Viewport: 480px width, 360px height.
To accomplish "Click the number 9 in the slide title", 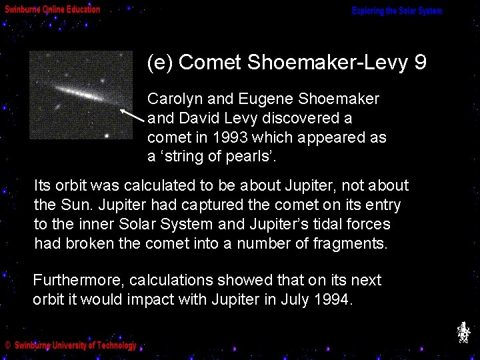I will (420, 63).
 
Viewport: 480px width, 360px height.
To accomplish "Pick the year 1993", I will (230, 138).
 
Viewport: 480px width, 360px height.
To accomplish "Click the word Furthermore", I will (79, 280).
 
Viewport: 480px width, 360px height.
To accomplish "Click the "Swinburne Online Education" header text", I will (53, 10).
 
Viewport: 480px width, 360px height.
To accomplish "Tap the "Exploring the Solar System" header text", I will (397, 11).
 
